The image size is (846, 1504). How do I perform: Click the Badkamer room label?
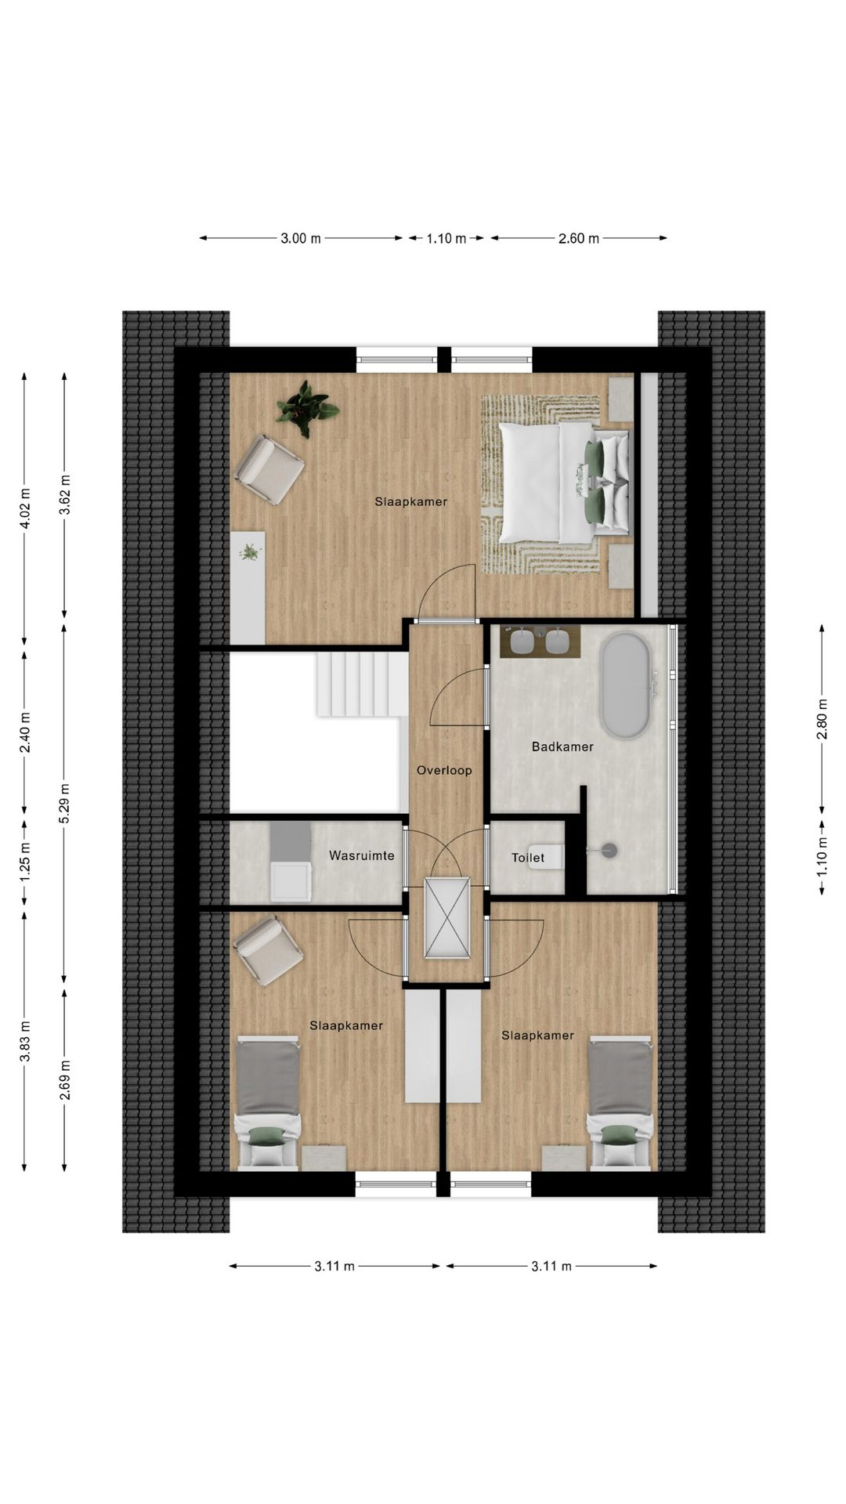tap(562, 747)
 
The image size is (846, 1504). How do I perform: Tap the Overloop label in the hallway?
tap(444, 770)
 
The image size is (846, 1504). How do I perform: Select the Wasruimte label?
tap(361, 855)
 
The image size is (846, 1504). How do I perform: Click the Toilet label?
tap(528, 858)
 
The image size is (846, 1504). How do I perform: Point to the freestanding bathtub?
tap(624, 685)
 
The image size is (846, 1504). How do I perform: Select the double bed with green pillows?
tap(564, 483)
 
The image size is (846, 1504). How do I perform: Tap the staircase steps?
tap(362, 684)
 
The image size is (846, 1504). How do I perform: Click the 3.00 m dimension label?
tap(301, 239)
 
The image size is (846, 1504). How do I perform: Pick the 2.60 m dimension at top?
tap(578, 239)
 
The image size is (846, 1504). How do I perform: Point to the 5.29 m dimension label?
tap(65, 803)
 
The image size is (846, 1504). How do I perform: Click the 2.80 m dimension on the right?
tap(822, 718)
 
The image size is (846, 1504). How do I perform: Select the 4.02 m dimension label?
tap(25, 508)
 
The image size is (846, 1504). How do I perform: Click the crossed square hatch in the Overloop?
tap(446, 917)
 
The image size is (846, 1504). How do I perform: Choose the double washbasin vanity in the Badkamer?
tap(540, 642)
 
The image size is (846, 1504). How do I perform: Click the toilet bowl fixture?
tap(553, 856)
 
